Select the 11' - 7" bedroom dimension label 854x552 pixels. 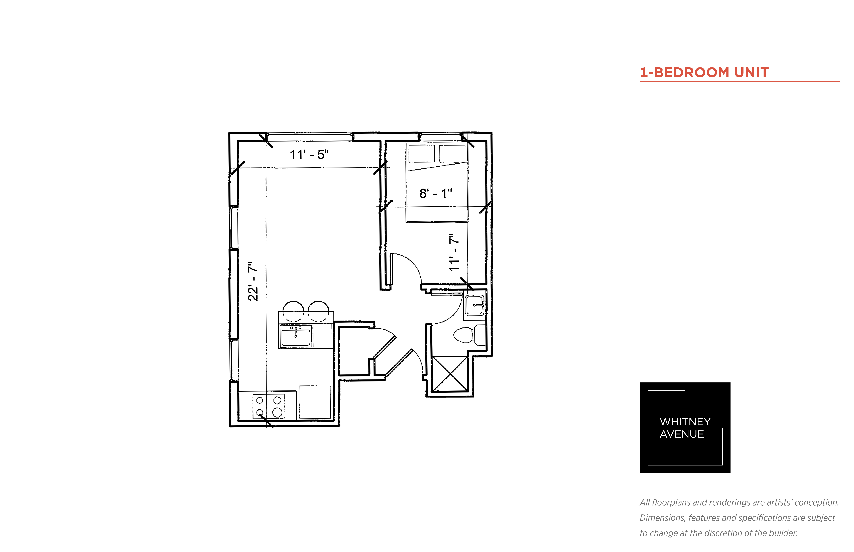click(454, 253)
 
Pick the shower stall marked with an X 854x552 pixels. click(449, 374)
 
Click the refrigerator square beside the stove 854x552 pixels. click(315, 402)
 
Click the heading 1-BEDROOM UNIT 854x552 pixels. click(704, 72)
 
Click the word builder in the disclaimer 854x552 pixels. click(783, 533)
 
